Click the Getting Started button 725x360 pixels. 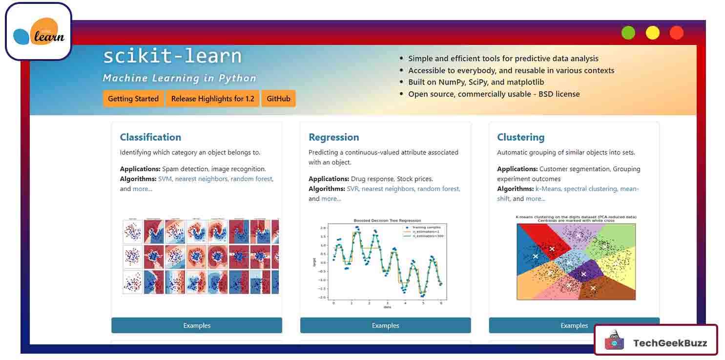point(133,99)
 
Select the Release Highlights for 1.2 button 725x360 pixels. point(212,99)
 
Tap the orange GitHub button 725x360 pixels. point(278,99)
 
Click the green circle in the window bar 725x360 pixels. point(628,33)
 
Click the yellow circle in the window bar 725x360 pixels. point(653,33)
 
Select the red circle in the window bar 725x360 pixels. point(677,33)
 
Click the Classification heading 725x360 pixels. point(150,137)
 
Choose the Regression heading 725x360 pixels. point(333,137)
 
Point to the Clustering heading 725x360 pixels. point(520,137)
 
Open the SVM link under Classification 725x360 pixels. point(165,179)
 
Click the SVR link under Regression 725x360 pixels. point(353,189)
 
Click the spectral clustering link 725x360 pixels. point(591,189)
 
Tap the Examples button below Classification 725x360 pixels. point(197,325)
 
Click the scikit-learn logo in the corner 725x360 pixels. point(39,32)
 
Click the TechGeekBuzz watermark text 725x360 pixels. point(670,343)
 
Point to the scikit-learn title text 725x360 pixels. point(172,57)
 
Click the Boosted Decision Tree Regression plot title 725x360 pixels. point(387,221)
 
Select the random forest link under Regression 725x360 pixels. point(438,189)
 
